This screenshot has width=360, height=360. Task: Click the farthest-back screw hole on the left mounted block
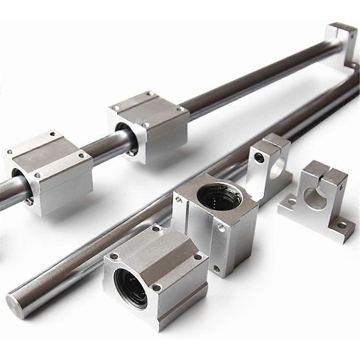[x=52, y=134]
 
